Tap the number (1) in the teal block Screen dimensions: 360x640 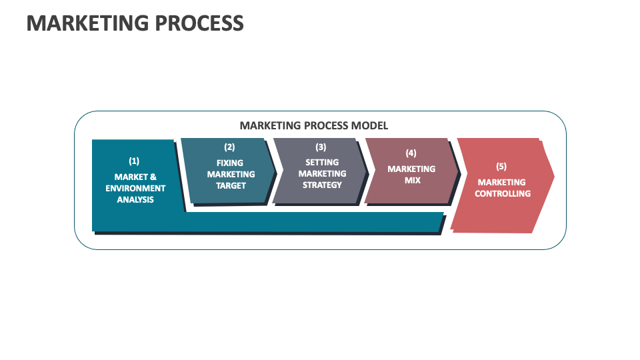[x=135, y=161]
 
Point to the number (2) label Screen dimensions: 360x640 [x=229, y=147]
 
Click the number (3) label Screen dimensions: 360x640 [x=321, y=147]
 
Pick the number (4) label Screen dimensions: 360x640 [x=411, y=153]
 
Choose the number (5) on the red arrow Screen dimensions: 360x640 [x=501, y=166]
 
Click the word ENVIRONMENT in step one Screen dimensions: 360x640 [x=135, y=189]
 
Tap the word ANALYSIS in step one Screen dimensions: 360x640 [x=135, y=199]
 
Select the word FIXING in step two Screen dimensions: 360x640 [x=230, y=163]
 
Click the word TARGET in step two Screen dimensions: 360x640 [x=231, y=185]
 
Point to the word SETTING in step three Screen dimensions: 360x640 [x=322, y=162]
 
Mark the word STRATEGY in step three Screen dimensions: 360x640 [x=322, y=185]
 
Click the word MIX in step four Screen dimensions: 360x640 [x=412, y=180]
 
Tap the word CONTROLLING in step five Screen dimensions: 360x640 [x=503, y=193]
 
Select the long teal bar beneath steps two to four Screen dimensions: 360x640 [x=313, y=221]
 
